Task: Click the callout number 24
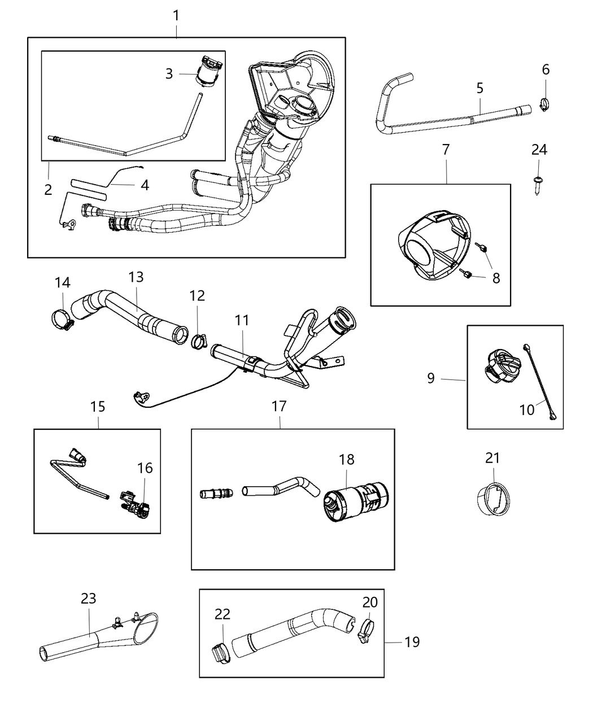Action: (x=539, y=150)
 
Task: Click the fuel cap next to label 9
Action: (x=499, y=364)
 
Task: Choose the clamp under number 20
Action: (x=366, y=630)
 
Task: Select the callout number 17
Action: (x=279, y=406)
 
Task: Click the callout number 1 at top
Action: (x=176, y=15)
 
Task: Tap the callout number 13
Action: (x=136, y=277)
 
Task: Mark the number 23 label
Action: (x=88, y=599)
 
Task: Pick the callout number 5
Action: (x=479, y=88)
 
